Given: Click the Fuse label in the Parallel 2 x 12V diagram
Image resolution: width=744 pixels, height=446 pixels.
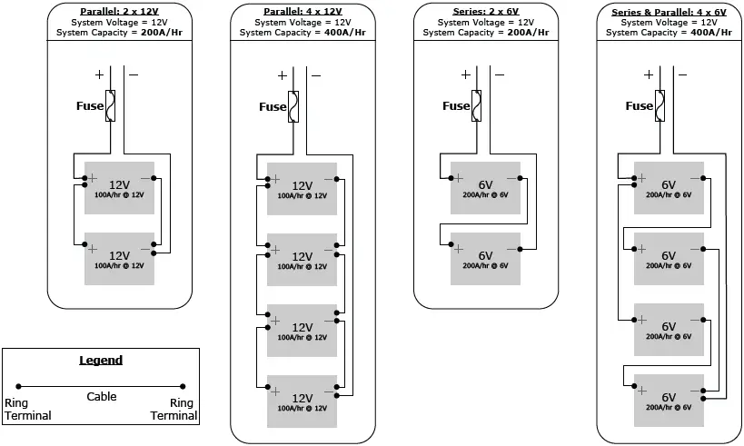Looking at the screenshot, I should (x=89, y=106).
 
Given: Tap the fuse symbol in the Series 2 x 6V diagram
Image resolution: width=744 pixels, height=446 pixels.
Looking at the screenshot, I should (x=477, y=105).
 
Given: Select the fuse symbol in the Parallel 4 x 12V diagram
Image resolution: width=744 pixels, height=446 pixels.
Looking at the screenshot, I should (x=293, y=105).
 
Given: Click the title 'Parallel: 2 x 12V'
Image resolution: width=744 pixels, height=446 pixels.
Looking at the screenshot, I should (x=119, y=11).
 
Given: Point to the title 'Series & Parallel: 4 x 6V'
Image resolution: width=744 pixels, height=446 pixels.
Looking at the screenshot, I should (x=669, y=11).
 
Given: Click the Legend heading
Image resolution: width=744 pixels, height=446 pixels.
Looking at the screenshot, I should (x=101, y=361).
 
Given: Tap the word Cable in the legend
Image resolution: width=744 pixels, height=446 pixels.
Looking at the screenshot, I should (x=101, y=397).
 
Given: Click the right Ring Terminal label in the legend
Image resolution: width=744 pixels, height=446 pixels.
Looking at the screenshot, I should (x=183, y=409).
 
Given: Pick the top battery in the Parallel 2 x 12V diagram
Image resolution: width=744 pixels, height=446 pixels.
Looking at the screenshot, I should (x=120, y=188).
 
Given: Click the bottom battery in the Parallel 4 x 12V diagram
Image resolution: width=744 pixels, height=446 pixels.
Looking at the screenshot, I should (x=302, y=401).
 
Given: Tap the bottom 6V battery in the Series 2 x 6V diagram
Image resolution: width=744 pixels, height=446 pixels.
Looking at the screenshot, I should (x=485, y=259).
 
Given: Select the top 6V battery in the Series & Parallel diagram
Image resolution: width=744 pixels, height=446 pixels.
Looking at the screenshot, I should (x=669, y=188).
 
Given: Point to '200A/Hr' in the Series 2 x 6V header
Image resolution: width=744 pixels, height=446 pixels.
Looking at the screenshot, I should (x=527, y=32).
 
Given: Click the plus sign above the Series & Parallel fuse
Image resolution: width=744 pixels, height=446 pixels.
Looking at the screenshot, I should (x=649, y=75).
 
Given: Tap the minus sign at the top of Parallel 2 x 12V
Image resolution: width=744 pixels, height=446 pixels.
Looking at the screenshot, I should (x=133, y=75).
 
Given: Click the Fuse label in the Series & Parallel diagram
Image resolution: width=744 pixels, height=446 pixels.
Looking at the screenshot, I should (x=640, y=106).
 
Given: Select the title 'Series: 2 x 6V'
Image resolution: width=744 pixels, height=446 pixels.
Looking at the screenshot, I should (x=485, y=11).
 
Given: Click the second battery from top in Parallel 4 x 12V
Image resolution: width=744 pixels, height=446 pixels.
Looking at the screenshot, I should (x=302, y=259).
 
